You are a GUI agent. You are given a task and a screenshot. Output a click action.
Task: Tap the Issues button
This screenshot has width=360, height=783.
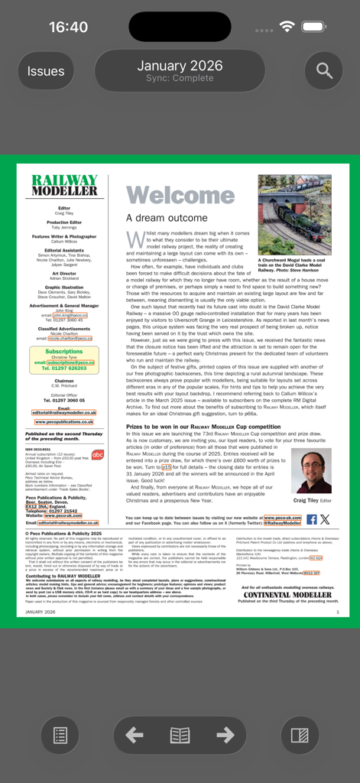click(46, 71)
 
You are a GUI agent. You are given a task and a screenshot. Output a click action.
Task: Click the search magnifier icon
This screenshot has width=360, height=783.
click(324, 71)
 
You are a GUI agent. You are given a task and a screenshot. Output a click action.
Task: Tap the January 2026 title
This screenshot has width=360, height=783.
click(180, 66)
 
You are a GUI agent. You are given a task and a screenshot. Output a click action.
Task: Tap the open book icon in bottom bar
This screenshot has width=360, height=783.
click(180, 736)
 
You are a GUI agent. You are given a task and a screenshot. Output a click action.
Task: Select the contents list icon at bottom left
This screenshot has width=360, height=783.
click(60, 736)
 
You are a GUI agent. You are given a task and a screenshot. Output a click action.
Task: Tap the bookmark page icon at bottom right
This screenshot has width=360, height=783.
click(300, 736)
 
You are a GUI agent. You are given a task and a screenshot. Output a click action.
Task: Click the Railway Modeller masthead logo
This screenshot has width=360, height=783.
click(64, 185)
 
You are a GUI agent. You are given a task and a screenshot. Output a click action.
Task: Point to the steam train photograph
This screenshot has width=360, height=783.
click(294, 215)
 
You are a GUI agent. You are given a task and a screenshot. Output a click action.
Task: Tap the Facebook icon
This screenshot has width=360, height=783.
click(311, 519)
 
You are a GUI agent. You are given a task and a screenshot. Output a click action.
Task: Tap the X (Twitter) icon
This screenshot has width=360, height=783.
click(325, 519)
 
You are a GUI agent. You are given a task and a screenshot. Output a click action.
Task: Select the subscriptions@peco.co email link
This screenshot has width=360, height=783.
click(70, 362)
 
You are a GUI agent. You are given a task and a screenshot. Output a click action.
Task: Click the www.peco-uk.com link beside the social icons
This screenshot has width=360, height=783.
click(282, 518)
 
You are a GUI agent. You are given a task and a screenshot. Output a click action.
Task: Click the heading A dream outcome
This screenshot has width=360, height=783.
click(167, 218)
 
